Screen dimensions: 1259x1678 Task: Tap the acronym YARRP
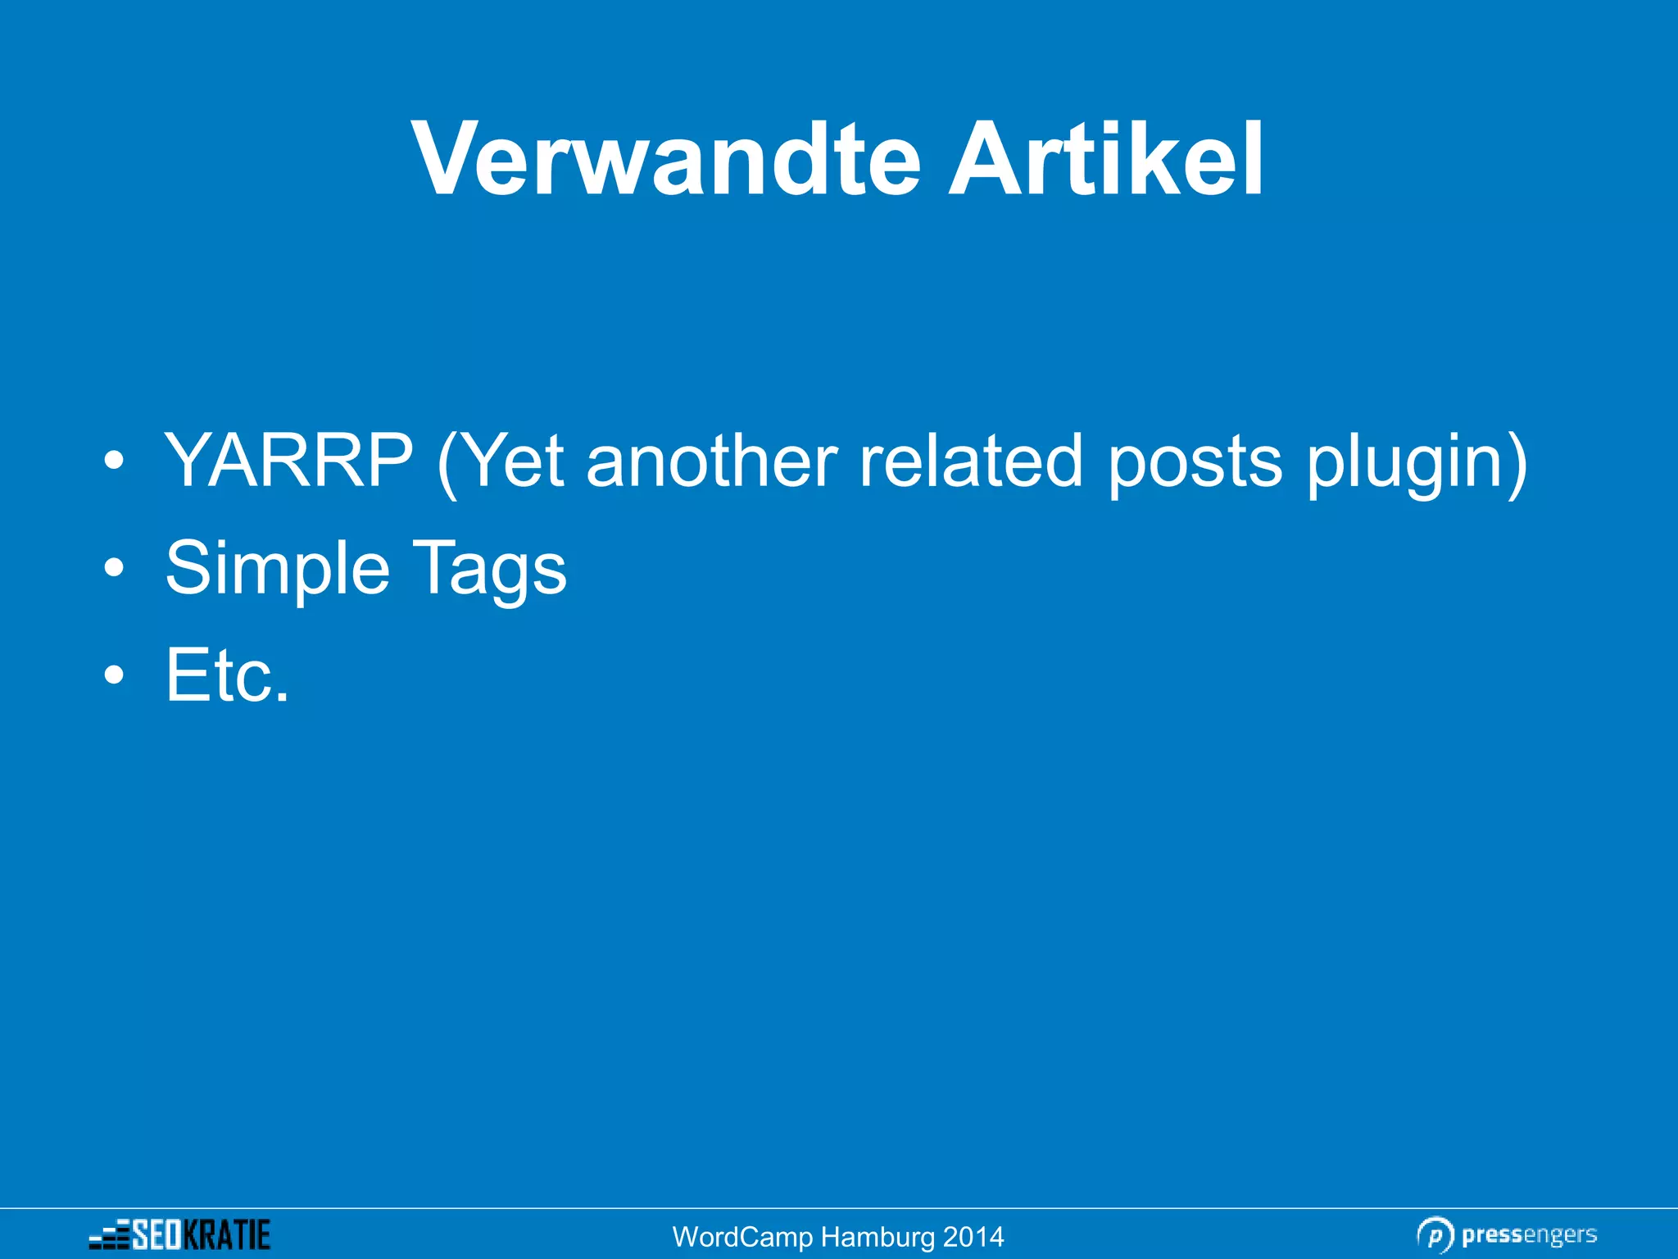click(x=288, y=461)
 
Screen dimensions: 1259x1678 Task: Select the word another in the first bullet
click(x=711, y=461)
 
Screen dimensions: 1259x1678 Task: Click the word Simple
click(x=277, y=569)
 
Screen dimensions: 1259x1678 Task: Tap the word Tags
click(x=488, y=569)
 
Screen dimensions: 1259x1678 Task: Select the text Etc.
click(x=227, y=675)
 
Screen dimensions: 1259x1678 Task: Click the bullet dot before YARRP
click(x=115, y=461)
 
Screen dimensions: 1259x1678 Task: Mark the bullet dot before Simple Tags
click(x=115, y=568)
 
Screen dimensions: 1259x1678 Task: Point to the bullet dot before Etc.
click(x=115, y=675)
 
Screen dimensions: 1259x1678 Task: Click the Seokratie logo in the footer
click(x=180, y=1234)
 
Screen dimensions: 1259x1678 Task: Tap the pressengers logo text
click(x=1529, y=1234)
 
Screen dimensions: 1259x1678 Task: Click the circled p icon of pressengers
click(x=1435, y=1235)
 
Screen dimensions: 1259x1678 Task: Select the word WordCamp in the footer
click(x=742, y=1237)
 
